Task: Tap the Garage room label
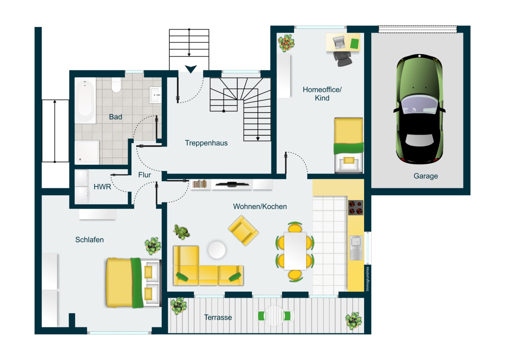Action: pyautogui.click(x=426, y=176)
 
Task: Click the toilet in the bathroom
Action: pyautogui.click(x=116, y=85)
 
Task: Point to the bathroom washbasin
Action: pyautogui.click(x=155, y=95)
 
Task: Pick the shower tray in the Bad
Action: pyautogui.click(x=87, y=152)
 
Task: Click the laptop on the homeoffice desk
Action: pyautogui.click(x=339, y=42)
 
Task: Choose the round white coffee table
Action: pyautogui.click(x=217, y=250)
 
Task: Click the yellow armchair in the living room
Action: pyautogui.click(x=243, y=230)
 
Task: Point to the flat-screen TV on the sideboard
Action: pyautogui.click(x=232, y=184)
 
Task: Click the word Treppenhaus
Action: pyautogui.click(x=206, y=143)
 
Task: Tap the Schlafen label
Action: pyautogui.click(x=90, y=239)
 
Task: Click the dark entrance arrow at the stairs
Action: pyautogui.click(x=191, y=69)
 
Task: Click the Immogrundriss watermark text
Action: pyautogui.click(x=367, y=278)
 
